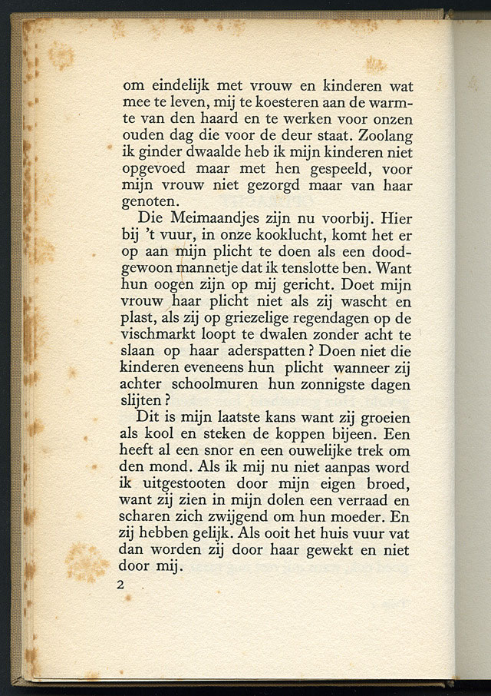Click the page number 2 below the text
[120, 585]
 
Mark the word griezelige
[249, 319]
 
